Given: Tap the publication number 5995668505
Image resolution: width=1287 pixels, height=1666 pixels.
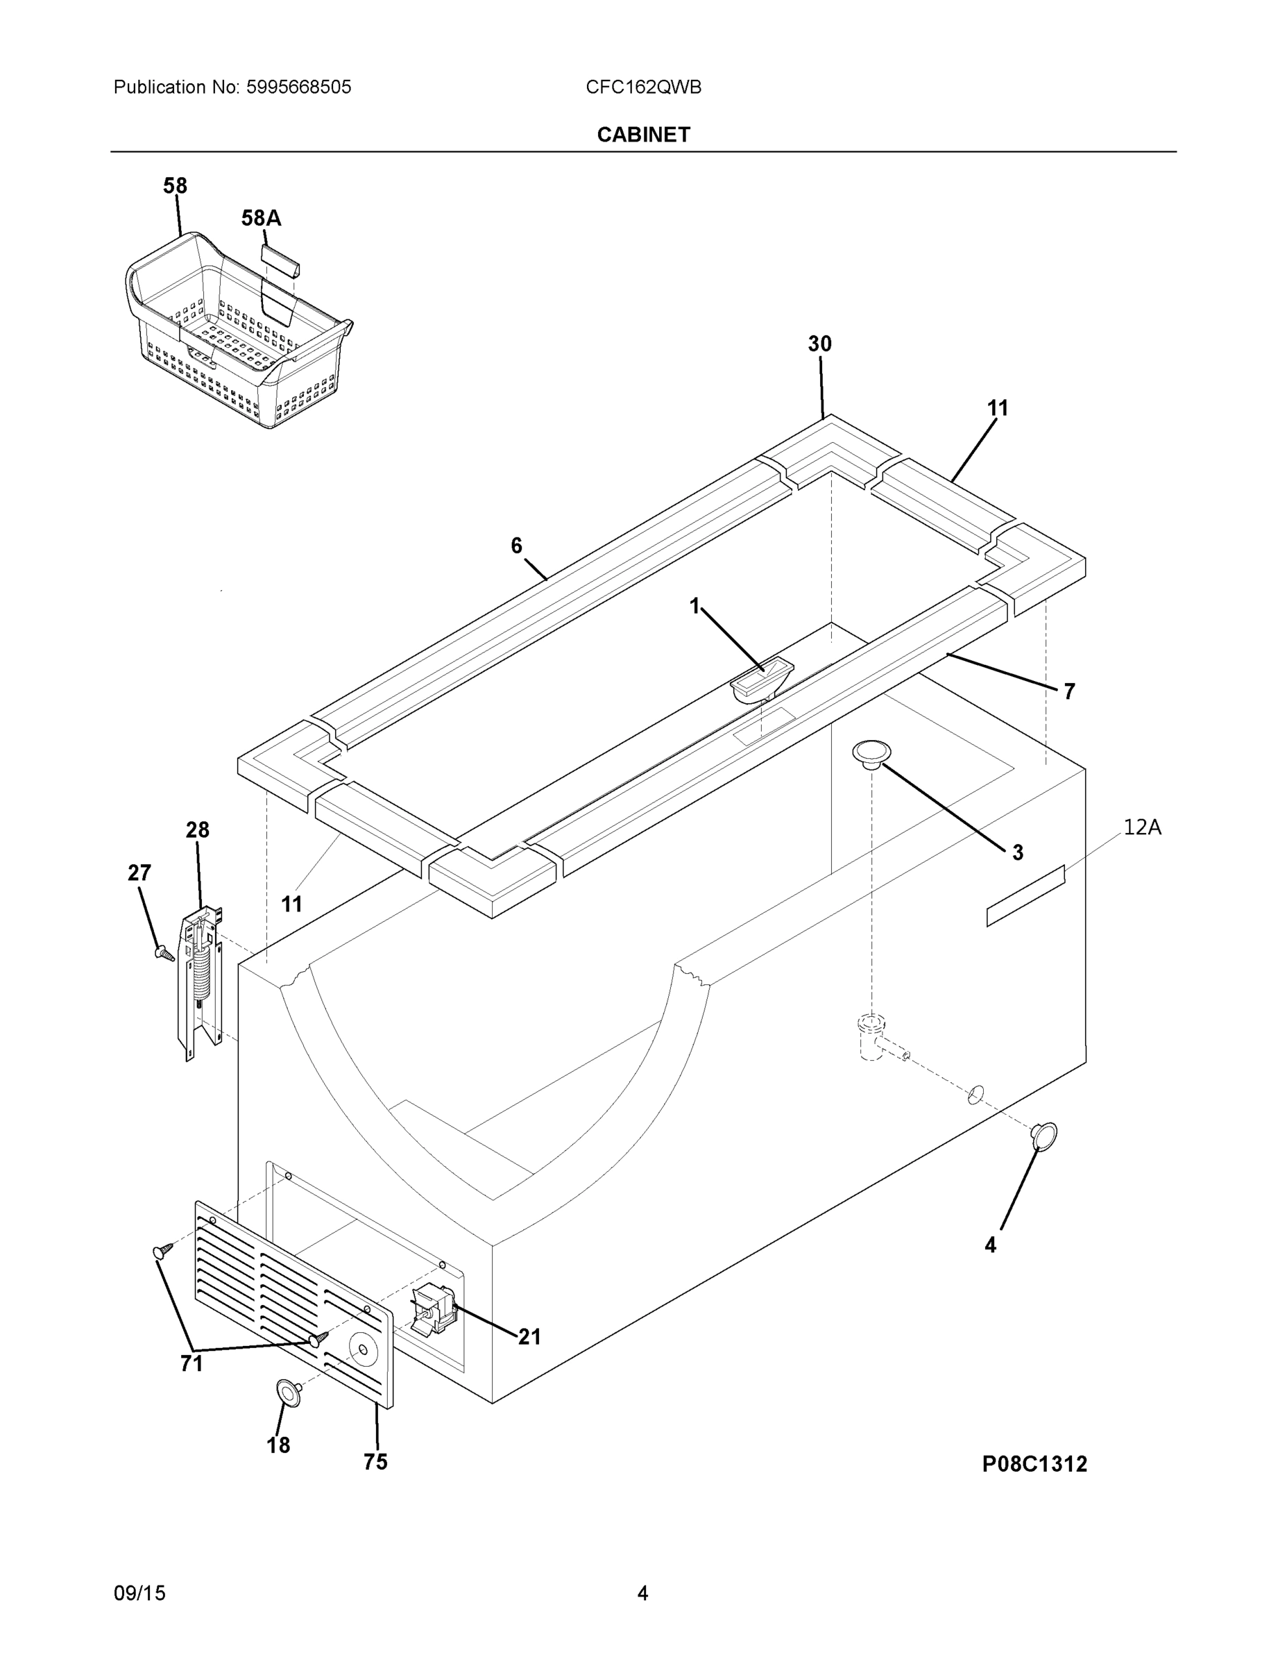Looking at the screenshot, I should [298, 87].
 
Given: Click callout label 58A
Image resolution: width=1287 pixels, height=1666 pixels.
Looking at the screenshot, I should [261, 218].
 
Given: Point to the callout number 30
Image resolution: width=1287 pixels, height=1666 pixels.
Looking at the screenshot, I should [819, 344].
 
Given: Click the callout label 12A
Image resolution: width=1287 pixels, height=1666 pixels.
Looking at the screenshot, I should [1141, 827].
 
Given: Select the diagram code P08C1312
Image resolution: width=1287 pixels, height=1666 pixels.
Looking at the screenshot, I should [1034, 1464].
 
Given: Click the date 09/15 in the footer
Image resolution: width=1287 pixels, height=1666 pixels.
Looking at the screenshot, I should [139, 1594].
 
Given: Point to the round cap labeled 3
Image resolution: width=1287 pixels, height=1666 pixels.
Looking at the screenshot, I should [871, 753].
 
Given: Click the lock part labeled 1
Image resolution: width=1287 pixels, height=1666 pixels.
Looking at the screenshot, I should [761, 681].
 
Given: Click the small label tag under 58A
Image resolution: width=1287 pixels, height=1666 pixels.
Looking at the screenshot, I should [280, 260].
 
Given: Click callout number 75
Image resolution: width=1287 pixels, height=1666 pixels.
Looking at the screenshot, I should [375, 1461].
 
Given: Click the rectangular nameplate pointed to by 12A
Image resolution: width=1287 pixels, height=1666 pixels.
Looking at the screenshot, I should [1025, 896].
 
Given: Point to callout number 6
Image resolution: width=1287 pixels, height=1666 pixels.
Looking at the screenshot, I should [516, 546].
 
